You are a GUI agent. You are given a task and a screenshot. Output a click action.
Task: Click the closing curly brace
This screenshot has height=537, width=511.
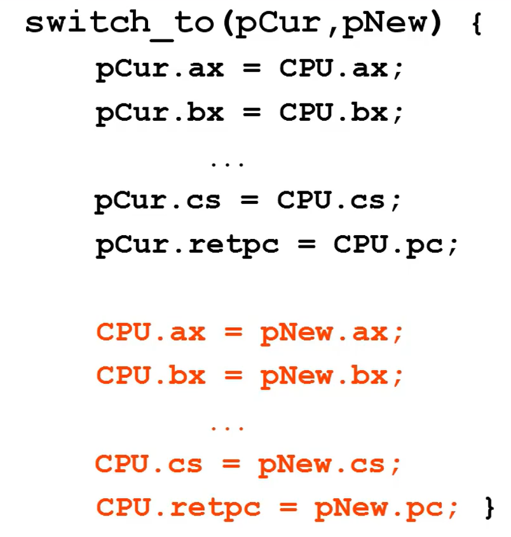(x=488, y=508)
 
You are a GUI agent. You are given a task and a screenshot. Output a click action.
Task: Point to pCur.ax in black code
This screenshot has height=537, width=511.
(x=160, y=69)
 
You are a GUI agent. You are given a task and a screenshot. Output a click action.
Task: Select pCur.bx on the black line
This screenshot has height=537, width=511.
(x=160, y=114)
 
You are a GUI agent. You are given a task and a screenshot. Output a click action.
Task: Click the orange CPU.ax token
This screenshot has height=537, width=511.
(x=151, y=333)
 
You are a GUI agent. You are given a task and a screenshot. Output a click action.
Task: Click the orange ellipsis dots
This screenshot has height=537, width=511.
(x=227, y=428)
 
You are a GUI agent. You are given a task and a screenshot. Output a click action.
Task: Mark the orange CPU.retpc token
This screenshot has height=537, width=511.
(x=179, y=508)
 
